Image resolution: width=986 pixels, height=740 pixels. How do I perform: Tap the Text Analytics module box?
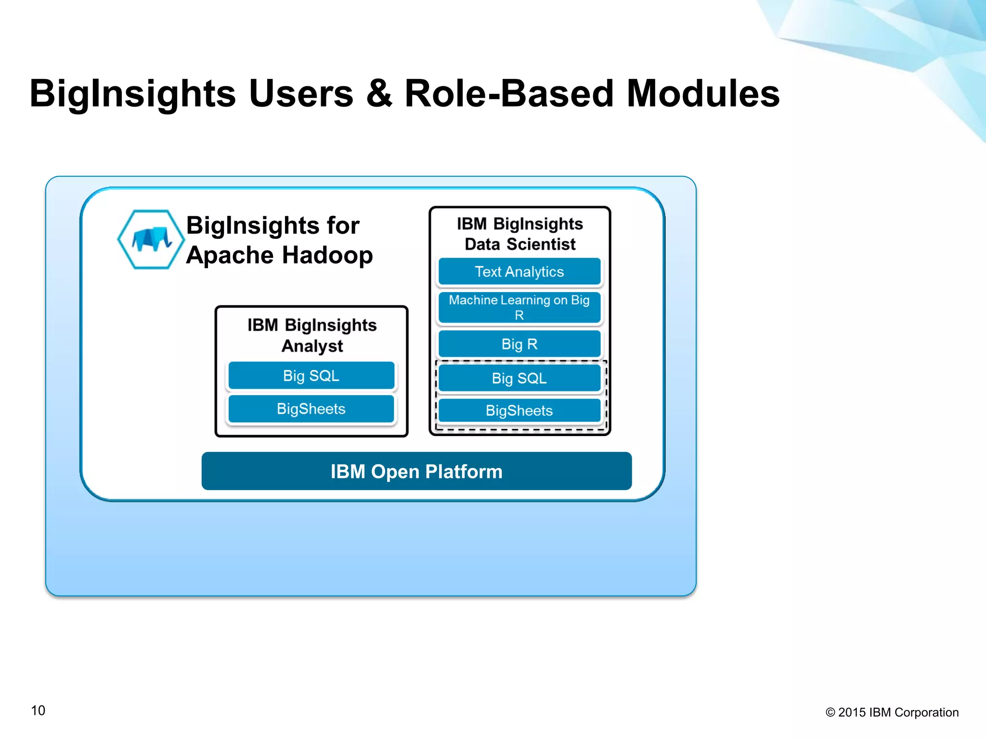tap(519, 272)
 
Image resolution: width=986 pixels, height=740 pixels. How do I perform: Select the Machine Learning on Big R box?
tap(519, 307)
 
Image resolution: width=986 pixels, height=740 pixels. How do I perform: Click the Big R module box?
tap(519, 344)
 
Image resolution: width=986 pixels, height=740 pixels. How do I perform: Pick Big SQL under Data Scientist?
tap(519, 378)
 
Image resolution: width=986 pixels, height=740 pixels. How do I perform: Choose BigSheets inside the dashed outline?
tap(519, 410)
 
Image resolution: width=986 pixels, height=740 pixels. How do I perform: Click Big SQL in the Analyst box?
tap(311, 376)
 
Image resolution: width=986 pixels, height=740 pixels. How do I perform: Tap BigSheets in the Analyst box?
tap(311, 409)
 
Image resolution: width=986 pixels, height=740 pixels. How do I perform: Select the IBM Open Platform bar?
tap(416, 471)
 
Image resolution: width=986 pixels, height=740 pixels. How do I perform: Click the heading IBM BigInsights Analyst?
tap(312, 335)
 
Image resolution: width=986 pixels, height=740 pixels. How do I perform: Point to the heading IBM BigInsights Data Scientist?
tap(520, 234)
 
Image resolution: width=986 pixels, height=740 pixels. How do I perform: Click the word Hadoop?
tap(327, 255)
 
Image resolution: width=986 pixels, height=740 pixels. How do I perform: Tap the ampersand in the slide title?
tap(379, 93)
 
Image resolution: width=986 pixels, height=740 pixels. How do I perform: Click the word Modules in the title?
tap(703, 93)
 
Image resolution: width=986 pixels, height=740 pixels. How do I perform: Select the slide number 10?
tap(38, 711)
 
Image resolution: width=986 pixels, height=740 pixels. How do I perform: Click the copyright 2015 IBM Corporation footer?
tap(892, 713)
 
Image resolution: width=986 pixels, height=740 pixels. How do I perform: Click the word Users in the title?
tap(301, 93)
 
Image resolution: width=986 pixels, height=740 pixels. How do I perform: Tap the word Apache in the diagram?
tap(229, 255)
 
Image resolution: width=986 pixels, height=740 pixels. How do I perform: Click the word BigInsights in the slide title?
tap(133, 93)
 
